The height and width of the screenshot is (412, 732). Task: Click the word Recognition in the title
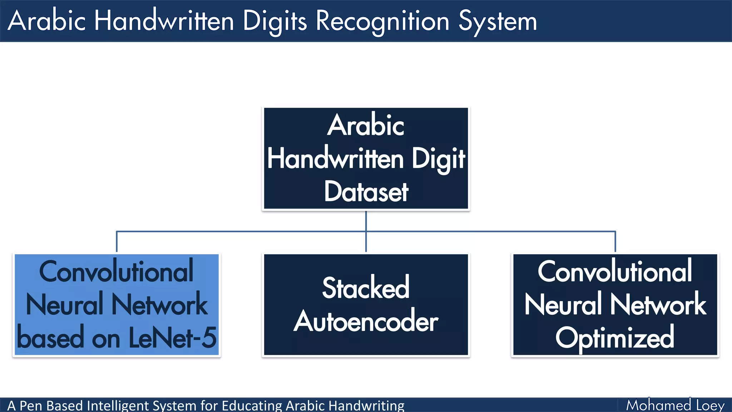tap(382, 21)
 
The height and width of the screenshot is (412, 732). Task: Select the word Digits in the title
tap(274, 21)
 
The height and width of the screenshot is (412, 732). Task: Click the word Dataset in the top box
tap(366, 192)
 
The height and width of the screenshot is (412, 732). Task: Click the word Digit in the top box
tap(438, 159)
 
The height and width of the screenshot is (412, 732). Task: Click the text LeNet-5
tap(172, 338)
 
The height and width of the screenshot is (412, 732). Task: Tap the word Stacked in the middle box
tap(366, 288)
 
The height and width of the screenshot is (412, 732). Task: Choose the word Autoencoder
tap(366, 321)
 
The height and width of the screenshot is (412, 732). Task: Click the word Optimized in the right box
tap(615, 338)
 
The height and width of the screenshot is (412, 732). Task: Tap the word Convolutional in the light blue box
tap(116, 272)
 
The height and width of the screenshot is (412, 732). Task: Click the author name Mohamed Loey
tap(675, 405)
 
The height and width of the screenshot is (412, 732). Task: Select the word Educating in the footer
tap(252, 406)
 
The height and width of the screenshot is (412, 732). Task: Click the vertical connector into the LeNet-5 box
tap(117, 242)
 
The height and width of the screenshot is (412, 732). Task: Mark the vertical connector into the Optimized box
tap(615, 242)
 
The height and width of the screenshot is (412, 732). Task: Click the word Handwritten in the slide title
tap(164, 21)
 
